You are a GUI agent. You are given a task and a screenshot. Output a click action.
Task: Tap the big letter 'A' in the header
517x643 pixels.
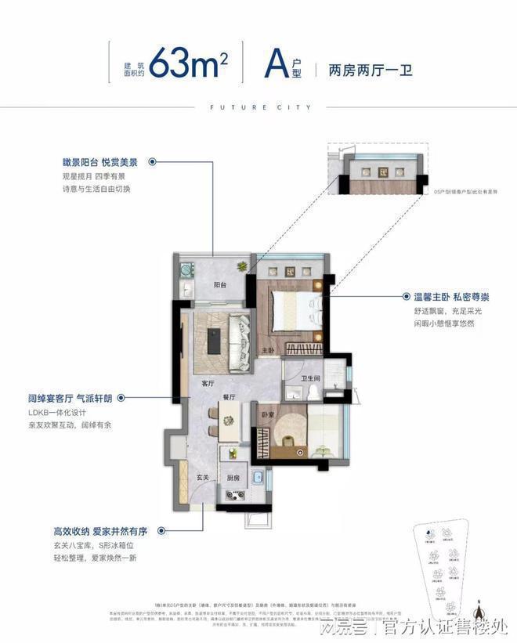[x=273, y=61]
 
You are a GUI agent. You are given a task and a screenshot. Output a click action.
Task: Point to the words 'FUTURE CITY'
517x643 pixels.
[x=258, y=107]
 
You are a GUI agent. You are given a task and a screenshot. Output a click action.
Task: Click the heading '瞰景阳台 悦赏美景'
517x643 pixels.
[x=100, y=162]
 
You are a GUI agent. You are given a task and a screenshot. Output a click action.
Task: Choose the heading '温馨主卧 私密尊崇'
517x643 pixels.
[x=450, y=298]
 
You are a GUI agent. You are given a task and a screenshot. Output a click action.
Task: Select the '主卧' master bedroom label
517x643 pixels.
[x=266, y=350]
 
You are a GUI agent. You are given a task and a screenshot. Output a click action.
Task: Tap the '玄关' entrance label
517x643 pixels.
[x=201, y=476]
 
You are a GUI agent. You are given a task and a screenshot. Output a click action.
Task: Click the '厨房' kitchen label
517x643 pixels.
[x=233, y=476]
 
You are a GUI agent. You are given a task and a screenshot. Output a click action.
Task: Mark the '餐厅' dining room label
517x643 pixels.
[x=230, y=397]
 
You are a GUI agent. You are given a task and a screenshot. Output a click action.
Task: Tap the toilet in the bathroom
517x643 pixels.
[x=313, y=392]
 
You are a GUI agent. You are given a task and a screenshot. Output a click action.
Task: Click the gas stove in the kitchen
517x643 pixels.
[x=233, y=494]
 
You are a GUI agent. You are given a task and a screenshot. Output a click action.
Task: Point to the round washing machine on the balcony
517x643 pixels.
[x=186, y=270]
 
